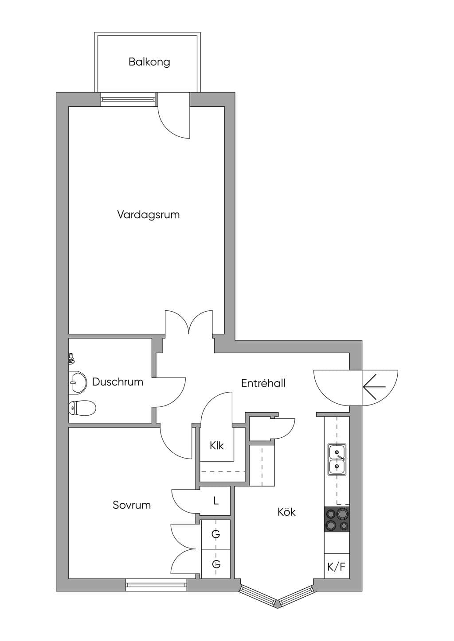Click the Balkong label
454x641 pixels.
(149, 62)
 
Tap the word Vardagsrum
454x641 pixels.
(149, 215)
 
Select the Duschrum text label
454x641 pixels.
(117, 382)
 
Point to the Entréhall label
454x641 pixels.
(263, 383)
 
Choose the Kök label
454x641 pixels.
(286, 512)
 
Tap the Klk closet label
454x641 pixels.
(216, 445)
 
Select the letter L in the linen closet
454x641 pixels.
(216, 501)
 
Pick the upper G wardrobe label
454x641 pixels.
(216, 534)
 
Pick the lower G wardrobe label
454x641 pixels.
(216, 564)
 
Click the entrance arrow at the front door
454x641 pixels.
(374, 387)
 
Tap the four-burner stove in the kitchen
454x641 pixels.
(337, 519)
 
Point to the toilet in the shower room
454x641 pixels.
(82, 408)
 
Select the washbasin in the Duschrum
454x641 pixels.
(78, 382)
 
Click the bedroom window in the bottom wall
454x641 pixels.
(156, 584)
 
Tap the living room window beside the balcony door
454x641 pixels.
(128, 100)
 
